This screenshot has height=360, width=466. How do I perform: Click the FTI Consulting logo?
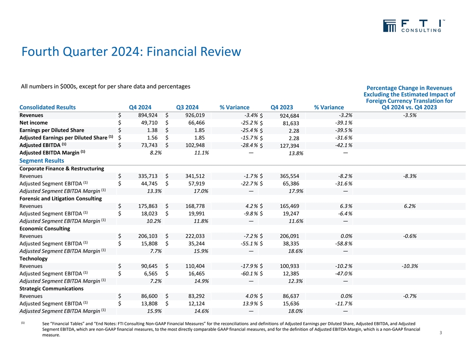(x=412, y=26)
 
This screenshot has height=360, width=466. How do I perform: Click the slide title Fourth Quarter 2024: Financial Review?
(x=131, y=52)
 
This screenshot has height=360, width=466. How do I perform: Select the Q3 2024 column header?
(x=187, y=107)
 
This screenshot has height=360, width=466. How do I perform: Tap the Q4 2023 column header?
(x=282, y=107)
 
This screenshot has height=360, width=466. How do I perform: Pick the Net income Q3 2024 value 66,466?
(x=194, y=123)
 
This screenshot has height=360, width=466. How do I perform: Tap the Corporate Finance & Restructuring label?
(x=62, y=168)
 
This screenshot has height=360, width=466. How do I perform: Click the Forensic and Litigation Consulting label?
(x=61, y=199)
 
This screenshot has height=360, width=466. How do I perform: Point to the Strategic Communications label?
(x=52, y=289)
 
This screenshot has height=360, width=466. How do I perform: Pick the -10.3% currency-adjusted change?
(x=410, y=266)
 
